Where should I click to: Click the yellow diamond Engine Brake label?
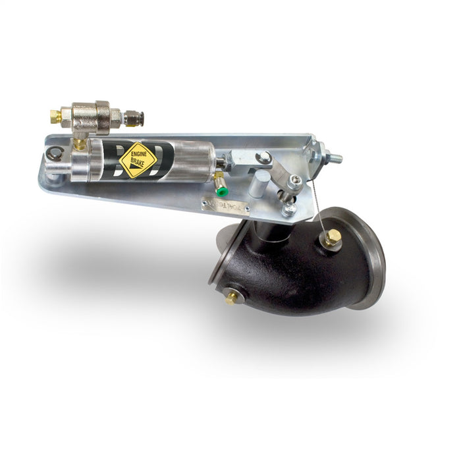click(139, 159)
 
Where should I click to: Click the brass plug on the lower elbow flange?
click(231, 298)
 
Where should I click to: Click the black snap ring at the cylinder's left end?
click(52, 155)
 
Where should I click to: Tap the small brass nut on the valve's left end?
click(56, 117)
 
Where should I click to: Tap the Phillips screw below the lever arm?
click(288, 210)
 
